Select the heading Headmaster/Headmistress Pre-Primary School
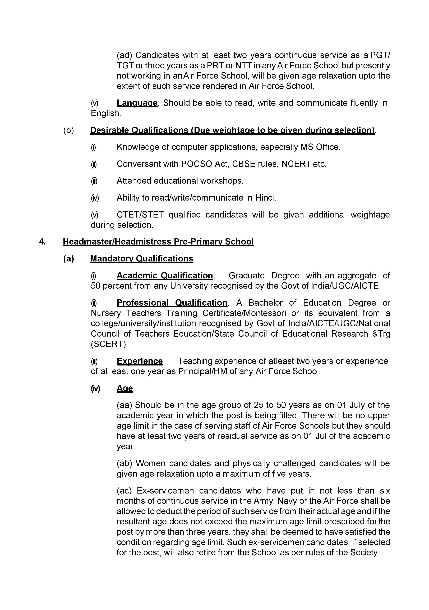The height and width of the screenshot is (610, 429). click(x=158, y=242)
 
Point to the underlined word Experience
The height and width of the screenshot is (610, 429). click(x=140, y=361)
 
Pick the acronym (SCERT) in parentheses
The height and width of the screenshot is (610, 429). click(x=109, y=344)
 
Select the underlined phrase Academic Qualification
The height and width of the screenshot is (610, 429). click(x=165, y=275)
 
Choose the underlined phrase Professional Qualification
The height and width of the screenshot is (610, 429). click(x=172, y=303)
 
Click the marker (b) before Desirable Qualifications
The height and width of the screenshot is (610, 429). click(x=68, y=130)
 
